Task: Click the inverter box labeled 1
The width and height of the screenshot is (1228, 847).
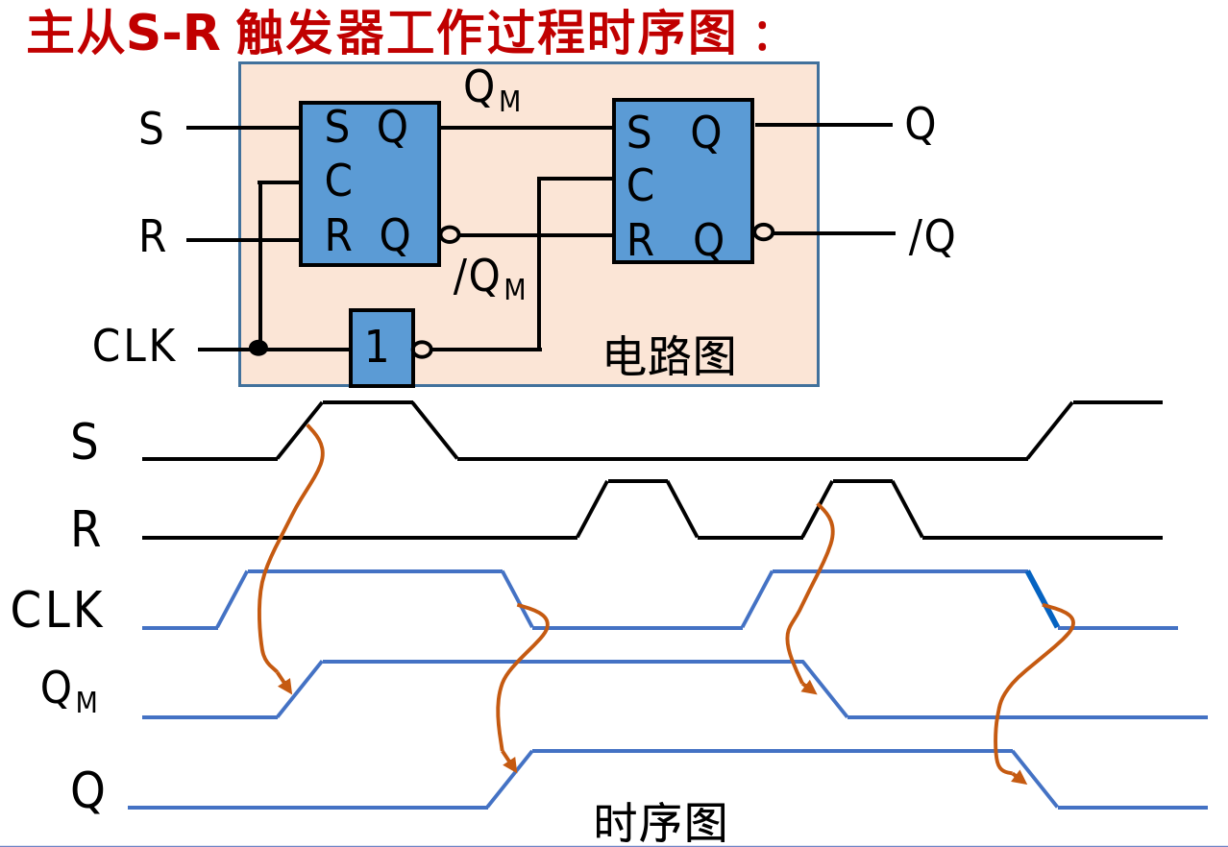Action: point(381,348)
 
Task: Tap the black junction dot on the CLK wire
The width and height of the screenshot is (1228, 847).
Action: point(258,348)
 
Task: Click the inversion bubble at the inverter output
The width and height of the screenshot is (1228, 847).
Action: point(422,350)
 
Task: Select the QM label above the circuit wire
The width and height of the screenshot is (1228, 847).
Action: point(491,90)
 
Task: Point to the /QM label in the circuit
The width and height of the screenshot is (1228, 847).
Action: point(489,279)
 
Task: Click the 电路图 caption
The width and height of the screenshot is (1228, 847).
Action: point(670,356)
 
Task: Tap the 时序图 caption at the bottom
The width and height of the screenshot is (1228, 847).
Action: point(660,824)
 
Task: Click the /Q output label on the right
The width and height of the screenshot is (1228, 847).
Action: point(931,237)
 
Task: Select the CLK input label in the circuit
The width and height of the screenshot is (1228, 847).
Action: point(135,347)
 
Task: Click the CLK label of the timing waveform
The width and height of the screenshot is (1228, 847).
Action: point(57,611)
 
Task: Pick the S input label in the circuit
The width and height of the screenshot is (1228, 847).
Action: point(151,130)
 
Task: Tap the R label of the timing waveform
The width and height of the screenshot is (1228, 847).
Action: point(86,530)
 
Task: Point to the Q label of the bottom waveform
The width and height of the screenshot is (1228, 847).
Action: point(87,792)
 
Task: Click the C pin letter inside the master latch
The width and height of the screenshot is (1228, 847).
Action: point(337,181)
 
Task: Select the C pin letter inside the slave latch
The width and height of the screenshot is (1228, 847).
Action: point(640,185)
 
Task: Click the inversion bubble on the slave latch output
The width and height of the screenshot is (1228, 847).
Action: point(764,231)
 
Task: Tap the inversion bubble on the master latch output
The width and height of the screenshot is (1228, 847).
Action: point(450,233)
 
